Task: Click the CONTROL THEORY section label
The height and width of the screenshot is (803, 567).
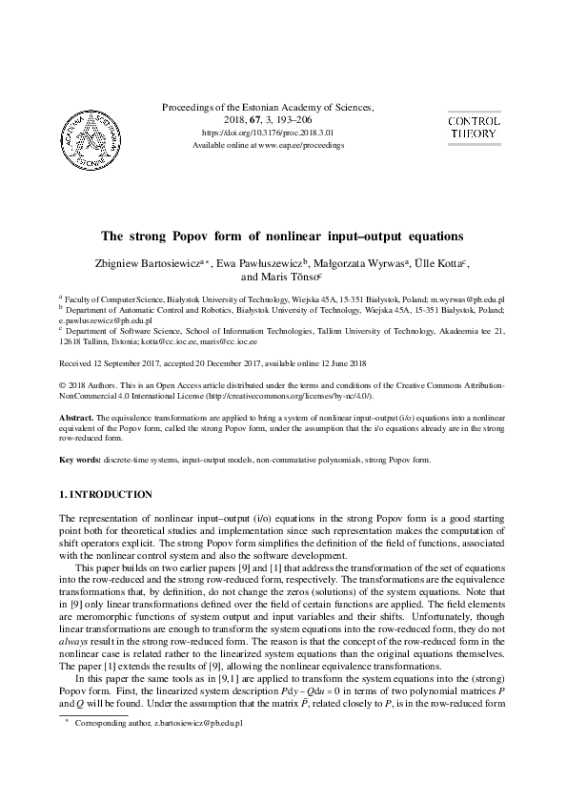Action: (x=474, y=128)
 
